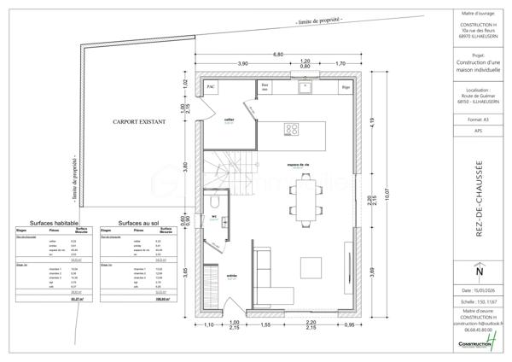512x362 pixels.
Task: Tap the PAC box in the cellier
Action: point(211,86)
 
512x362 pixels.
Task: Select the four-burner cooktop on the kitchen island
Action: point(292,130)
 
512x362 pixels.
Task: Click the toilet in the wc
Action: point(216,202)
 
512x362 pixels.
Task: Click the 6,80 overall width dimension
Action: point(278,55)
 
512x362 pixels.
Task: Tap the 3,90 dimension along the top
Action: point(242,64)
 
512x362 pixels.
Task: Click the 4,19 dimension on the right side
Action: point(371,120)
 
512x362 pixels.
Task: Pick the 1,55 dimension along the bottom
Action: point(265,325)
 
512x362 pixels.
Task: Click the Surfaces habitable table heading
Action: point(54,221)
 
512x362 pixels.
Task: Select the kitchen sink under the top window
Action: point(304,86)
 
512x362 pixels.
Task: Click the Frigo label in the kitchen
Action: point(346,86)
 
